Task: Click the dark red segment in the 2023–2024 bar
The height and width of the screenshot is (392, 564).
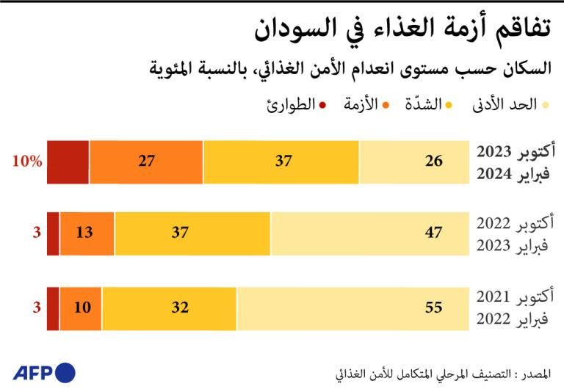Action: point(68,161)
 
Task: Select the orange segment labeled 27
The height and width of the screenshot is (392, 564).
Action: point(146,161)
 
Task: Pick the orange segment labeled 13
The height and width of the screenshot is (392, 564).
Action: point(87,233)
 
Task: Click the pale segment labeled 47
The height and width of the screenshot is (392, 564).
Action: point(369,233)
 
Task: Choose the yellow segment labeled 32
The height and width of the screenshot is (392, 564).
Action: point(170,308)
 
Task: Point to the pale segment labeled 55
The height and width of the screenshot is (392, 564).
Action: point(352,308)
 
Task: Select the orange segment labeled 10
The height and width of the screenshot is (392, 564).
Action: point(82,308)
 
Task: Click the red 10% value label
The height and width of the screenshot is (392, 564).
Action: point(26,161)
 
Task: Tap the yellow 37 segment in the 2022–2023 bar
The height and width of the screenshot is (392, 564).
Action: point(192,233)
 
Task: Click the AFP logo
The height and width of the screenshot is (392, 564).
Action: point(44,372)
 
